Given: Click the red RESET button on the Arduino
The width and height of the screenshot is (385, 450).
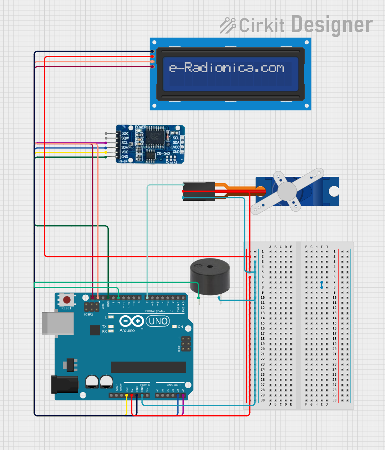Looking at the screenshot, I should pos(67,300).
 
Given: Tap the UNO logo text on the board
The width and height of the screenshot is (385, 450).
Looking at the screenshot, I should pos(158,321).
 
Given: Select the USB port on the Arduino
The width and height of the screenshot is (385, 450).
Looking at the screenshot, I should pos(57,324).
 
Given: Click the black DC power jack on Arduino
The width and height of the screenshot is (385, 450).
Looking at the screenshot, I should pos(65,384).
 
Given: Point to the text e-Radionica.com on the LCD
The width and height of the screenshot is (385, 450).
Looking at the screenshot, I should pos(227,68).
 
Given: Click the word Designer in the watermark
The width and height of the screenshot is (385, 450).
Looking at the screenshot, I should pos(332,25).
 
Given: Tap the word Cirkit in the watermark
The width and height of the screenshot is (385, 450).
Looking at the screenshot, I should pos(261,26).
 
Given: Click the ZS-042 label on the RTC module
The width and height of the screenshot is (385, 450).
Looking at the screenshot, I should pos(163,154).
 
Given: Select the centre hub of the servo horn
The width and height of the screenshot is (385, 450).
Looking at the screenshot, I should pos(287,191).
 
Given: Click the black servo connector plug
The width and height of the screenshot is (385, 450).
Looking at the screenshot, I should pos(199,191).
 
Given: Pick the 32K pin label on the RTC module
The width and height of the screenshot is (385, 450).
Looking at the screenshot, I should pos(125,133).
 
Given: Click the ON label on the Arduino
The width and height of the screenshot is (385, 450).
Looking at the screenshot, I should pos(180,327).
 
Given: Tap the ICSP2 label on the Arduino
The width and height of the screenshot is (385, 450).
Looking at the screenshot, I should pos(88,315).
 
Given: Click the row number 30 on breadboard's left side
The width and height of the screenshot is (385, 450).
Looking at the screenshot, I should pos(262,400).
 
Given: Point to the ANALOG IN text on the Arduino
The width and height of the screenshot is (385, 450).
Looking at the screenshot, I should pos(174,385).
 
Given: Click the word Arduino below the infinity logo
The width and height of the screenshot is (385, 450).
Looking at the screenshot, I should pos(127,330).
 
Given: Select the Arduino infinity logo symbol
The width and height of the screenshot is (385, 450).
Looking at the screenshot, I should pos(131,321).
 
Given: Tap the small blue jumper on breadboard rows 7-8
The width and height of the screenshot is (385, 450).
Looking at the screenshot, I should pos(322,285).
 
